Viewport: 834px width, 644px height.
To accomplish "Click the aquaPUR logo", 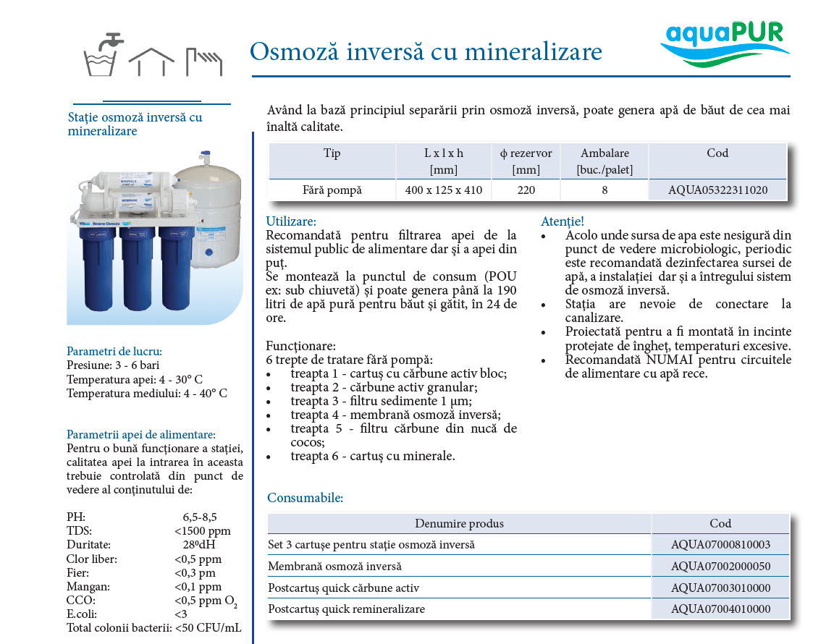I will point(725,44).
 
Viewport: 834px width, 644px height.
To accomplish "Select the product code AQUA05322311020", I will point(717,190).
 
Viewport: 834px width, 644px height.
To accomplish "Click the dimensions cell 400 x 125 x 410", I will point(444,190).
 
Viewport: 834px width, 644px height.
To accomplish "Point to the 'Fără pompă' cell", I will point(332,190).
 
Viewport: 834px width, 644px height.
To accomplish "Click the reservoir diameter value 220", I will point(526,190).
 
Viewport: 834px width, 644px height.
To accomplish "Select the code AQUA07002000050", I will point(720,566).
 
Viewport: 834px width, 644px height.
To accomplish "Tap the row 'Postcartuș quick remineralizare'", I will point(347,609).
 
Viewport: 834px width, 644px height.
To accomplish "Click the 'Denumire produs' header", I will point(459,523).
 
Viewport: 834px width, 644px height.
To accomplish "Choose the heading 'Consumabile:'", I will point(305,498).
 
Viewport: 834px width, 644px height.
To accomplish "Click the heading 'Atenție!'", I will point(562,221).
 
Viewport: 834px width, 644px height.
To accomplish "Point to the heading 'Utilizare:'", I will point(291,221).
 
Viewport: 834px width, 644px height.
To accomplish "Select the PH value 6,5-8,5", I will point(200,517).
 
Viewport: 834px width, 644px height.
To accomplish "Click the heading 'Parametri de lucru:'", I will point(114,351).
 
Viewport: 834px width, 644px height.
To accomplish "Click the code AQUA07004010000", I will point(720,609).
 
